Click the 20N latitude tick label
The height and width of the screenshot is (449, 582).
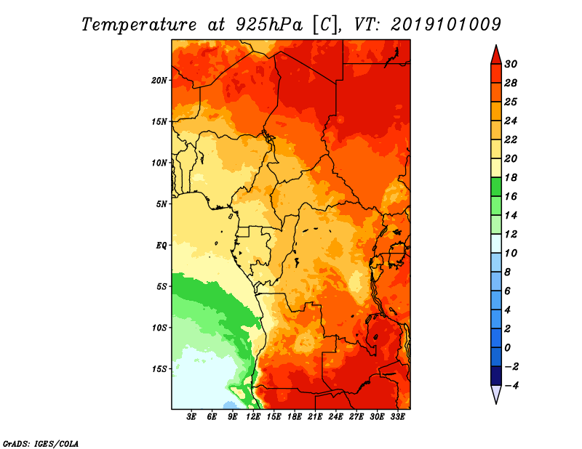tap(159, 81)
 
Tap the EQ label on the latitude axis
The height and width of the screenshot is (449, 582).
tap(162, 246)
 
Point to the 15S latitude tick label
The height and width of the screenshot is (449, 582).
tap(159, 369)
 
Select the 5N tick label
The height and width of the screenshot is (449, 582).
tap(162, 204)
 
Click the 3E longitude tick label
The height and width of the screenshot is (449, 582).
tap(191, 417)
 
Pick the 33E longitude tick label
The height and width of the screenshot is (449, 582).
tap(397, 417)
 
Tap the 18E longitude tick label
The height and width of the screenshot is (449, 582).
tap(295, 417)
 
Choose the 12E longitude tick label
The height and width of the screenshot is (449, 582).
tap(253, 417)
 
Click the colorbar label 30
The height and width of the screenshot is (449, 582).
tap(511, 64)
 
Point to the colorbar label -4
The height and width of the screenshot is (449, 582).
tap(511, 386)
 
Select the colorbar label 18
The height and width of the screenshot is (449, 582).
tap(511, 177)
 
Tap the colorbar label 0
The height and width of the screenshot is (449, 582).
tap(507, 348)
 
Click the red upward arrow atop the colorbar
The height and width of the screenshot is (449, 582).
tap(496, 56)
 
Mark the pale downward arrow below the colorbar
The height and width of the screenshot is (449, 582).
tap(496, 394)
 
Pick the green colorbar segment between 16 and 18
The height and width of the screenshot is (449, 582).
tap(496, 187)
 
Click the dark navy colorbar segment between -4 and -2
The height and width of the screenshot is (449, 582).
tap(496, 376)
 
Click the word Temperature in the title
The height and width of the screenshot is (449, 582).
tap(139, 25)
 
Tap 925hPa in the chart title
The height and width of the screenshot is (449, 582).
tap(268, 25)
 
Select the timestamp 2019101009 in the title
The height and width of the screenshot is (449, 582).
tap(446, 25)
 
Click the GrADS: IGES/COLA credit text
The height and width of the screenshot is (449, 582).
tap(41, 443)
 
